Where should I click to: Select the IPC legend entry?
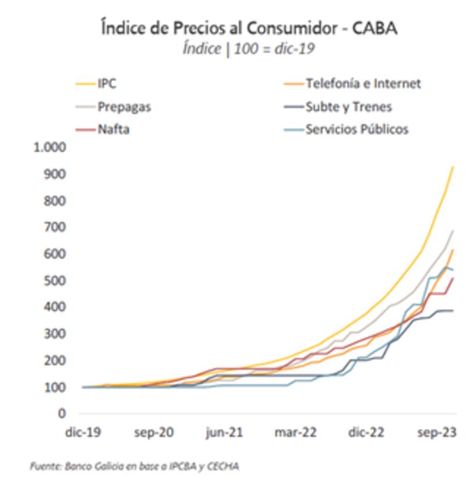[107, 84]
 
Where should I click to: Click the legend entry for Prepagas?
[124, 107]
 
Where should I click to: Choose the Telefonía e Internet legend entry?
[363, 84]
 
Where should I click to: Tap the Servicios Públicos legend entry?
[357, 129]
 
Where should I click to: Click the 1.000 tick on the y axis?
[51, 147]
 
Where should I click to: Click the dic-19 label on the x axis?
[83, 433]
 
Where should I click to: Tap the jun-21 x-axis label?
[224, 433]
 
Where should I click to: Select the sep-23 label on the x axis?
[437, 433]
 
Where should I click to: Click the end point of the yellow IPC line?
[453, 167]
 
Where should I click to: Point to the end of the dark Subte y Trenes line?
[453, 310]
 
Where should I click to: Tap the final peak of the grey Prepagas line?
[453, 231]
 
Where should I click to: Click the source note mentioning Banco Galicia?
[135, 466]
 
